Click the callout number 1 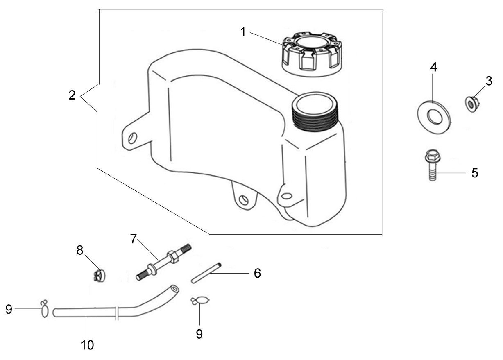click(x=243, y=32)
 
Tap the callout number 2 click(x=72, y=95)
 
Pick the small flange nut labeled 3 click(x=472, y=104)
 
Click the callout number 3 click(x=489, y=81)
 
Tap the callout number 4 click(x=434, y=67)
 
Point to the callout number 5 click(x=474, y=173)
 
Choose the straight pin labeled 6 click(x=206, y=273)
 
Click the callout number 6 click(x=257, y=273)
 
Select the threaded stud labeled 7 click(x=164, y=262)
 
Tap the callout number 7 click(x=134, y=239)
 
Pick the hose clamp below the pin click(x=200, y=301)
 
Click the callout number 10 click(x=87, y=345)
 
